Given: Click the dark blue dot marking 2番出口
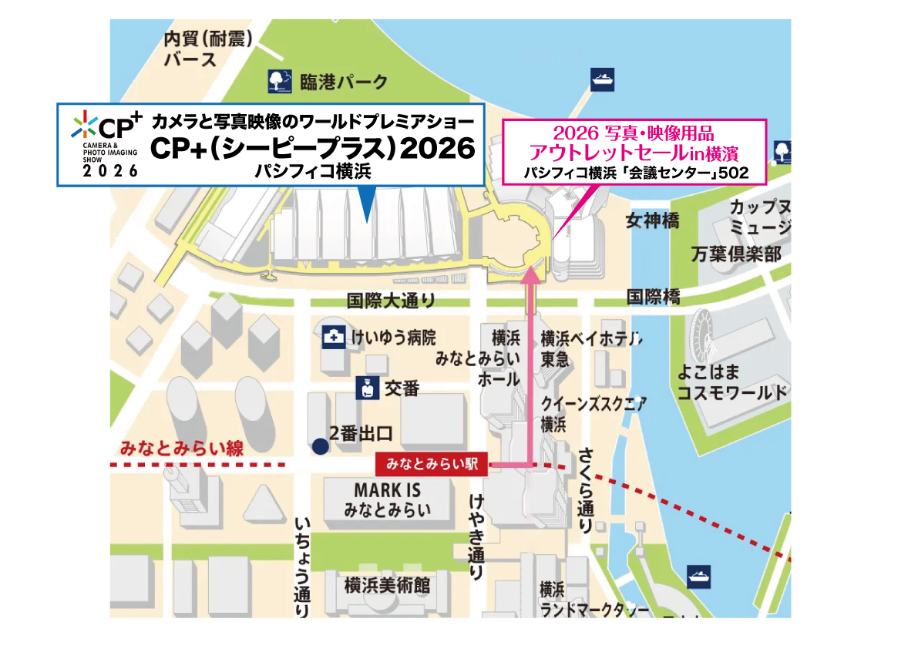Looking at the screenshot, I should [x=318, y=446].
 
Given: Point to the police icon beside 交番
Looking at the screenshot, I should [x=368, y=387].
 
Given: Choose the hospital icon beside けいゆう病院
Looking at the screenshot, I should [x=334, y=337].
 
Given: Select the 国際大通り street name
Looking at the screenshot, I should [x=392, y=301].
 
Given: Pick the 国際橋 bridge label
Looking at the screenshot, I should [x=653, y=296].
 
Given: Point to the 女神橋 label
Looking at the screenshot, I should [x=652, y=220].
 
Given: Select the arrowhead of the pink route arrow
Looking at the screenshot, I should [x=530, y=271].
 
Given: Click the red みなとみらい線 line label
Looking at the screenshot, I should [x=182, y=449].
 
